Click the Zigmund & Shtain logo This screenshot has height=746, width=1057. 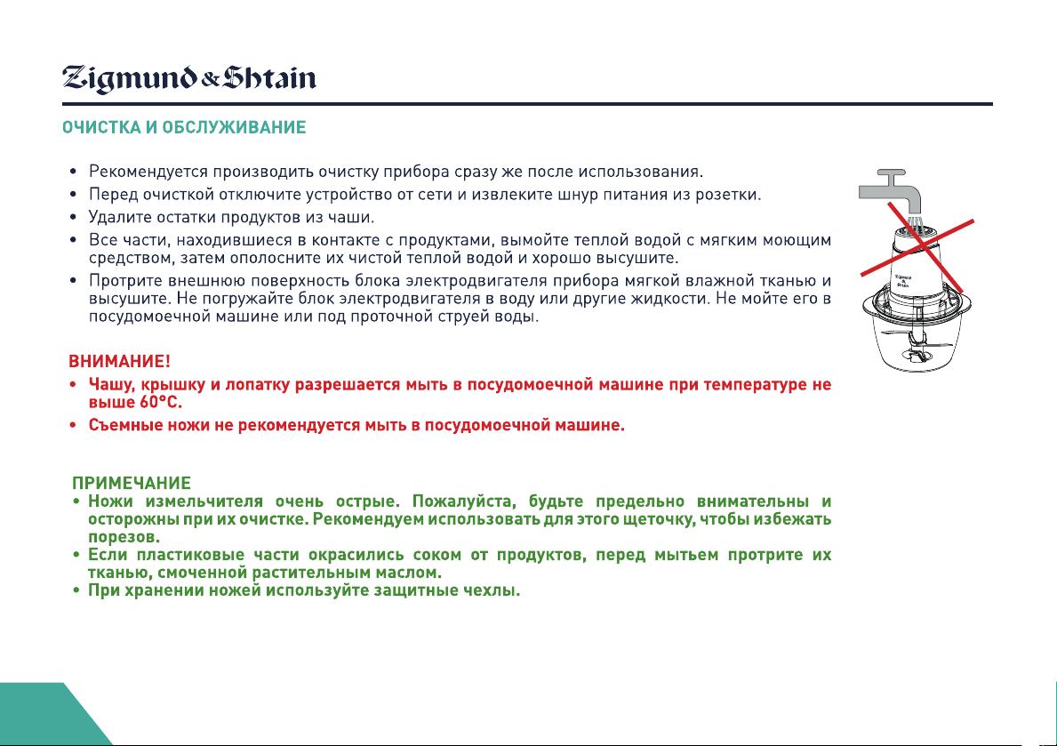pos(188,79)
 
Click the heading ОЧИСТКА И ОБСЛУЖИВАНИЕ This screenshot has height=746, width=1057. pos(184,127)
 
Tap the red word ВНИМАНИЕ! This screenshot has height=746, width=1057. pos(119,362)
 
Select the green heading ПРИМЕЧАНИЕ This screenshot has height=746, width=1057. pos(132,483)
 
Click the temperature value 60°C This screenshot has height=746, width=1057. pos(161,403)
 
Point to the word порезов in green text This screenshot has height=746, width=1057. pos(124,538)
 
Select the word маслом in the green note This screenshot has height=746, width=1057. pos(412,573)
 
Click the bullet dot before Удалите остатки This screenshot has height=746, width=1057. pos(74,218)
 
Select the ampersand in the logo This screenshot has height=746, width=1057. pos(211,81)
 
